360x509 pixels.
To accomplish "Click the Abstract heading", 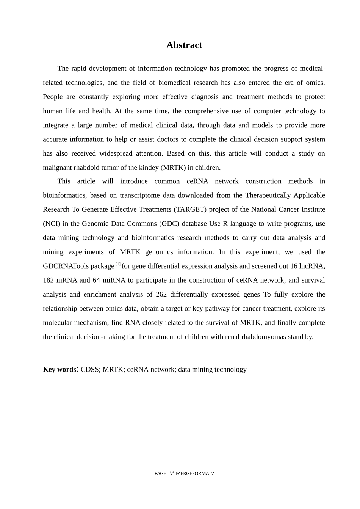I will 184,45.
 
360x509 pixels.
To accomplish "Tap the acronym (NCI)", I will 52,223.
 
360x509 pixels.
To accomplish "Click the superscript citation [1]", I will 118,264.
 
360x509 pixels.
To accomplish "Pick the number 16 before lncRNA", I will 294,266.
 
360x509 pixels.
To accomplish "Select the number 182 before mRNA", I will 48,280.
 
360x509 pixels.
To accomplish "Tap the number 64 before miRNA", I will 96,280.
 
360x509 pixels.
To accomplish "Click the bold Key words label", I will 60,370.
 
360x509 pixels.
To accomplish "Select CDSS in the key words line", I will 90,370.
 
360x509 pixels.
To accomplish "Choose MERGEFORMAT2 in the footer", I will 195,473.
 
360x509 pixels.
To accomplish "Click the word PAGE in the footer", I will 160,473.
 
